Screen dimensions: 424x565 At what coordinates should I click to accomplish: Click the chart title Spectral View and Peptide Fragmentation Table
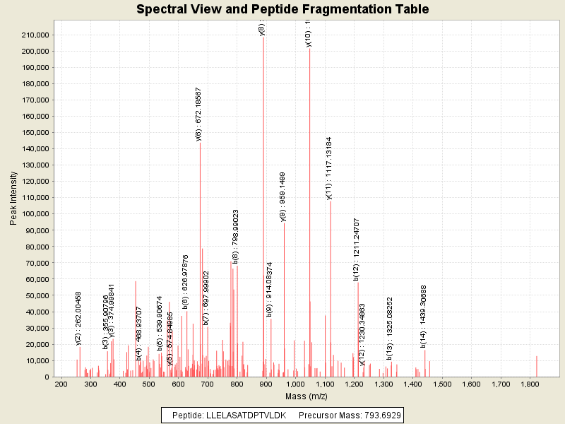click(282, 9)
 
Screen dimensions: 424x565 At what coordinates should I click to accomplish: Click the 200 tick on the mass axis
click(61, 384)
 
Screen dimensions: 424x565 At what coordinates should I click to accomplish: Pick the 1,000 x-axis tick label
click(295, 384)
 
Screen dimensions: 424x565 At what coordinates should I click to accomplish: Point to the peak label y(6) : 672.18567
click(198, 114)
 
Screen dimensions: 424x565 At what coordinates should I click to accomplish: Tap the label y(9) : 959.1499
click(282, 197)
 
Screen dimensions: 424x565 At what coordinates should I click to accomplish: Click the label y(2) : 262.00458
click(78, 319)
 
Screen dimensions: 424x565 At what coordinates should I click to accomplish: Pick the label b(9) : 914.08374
click(270, 288)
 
